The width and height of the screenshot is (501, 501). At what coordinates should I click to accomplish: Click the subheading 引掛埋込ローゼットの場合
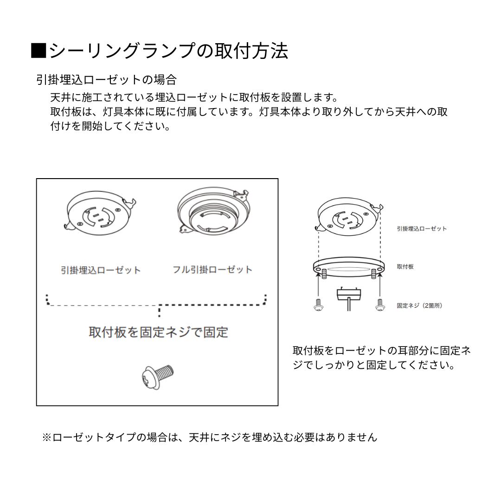click(x=106, y=80)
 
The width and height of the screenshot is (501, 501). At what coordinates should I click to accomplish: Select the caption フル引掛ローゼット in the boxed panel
click(x=212, y=270)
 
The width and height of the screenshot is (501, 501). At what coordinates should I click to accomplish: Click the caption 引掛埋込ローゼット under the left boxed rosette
click(x=101, y=270)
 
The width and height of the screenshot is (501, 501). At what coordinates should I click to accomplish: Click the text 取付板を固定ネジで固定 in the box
click(x=158, y=332)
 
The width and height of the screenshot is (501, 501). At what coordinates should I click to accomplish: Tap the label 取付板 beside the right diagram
click(x=405, y=267)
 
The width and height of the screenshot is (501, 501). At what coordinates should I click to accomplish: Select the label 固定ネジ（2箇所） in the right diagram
click(x=419, y=306)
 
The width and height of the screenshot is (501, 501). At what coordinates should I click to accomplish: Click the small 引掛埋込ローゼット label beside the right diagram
click(x=422, y=229)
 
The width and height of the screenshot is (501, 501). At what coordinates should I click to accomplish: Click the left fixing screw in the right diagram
click(x=319, y=305)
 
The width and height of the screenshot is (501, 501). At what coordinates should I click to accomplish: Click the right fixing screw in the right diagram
click(x=380, y=305)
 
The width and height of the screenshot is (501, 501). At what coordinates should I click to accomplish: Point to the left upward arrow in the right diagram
click(x=319, y=285)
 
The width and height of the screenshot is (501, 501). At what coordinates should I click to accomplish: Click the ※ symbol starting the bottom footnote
click(x=47, y=437)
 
